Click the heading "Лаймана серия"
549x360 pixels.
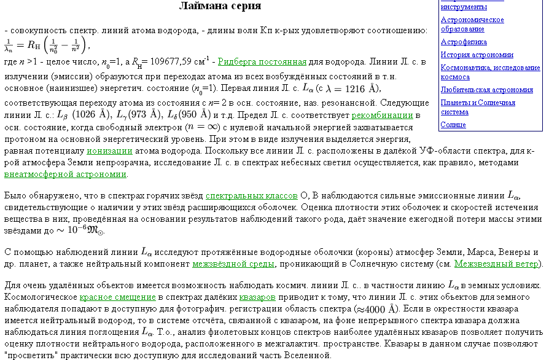220,6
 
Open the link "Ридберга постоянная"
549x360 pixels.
262,61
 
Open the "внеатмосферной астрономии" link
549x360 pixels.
65,174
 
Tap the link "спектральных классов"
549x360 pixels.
251,196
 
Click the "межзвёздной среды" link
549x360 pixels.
233,264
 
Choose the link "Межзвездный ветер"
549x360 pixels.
497,264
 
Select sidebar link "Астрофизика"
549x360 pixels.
464,42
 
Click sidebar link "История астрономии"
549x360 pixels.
477,55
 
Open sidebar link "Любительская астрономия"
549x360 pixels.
487,90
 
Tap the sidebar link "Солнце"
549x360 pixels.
453,125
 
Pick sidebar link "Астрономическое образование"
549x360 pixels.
472,24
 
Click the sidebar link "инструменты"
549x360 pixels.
464,7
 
